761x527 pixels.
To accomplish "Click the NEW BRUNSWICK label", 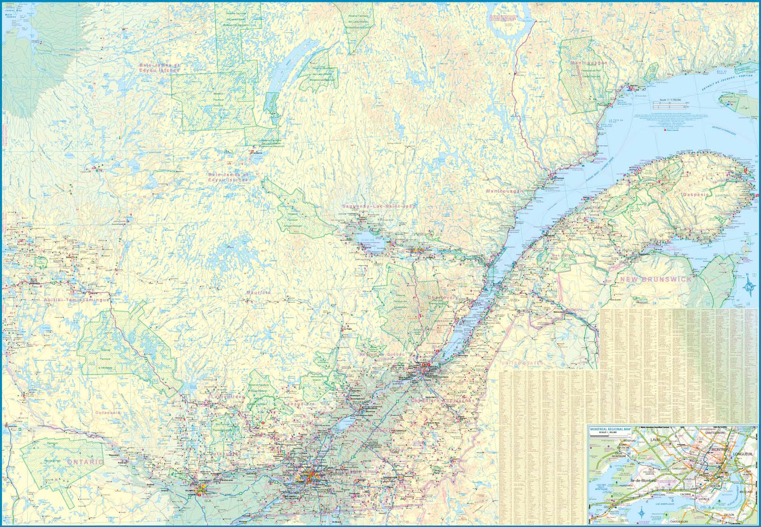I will click(655, 279).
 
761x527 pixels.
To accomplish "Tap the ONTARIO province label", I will click(85, 462).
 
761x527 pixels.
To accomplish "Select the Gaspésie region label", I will click(699, 195).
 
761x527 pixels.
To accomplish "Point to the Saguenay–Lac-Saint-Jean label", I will click(378, 206).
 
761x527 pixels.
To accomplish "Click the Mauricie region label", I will click(258, 292).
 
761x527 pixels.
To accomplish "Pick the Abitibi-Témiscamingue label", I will click(76, 300).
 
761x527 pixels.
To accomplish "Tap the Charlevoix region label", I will click(442, 298).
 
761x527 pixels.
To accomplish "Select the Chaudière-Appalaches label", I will click(443, 401).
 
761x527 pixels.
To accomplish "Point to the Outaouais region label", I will click(108, 413).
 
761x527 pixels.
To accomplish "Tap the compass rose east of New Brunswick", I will click(749, 286).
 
